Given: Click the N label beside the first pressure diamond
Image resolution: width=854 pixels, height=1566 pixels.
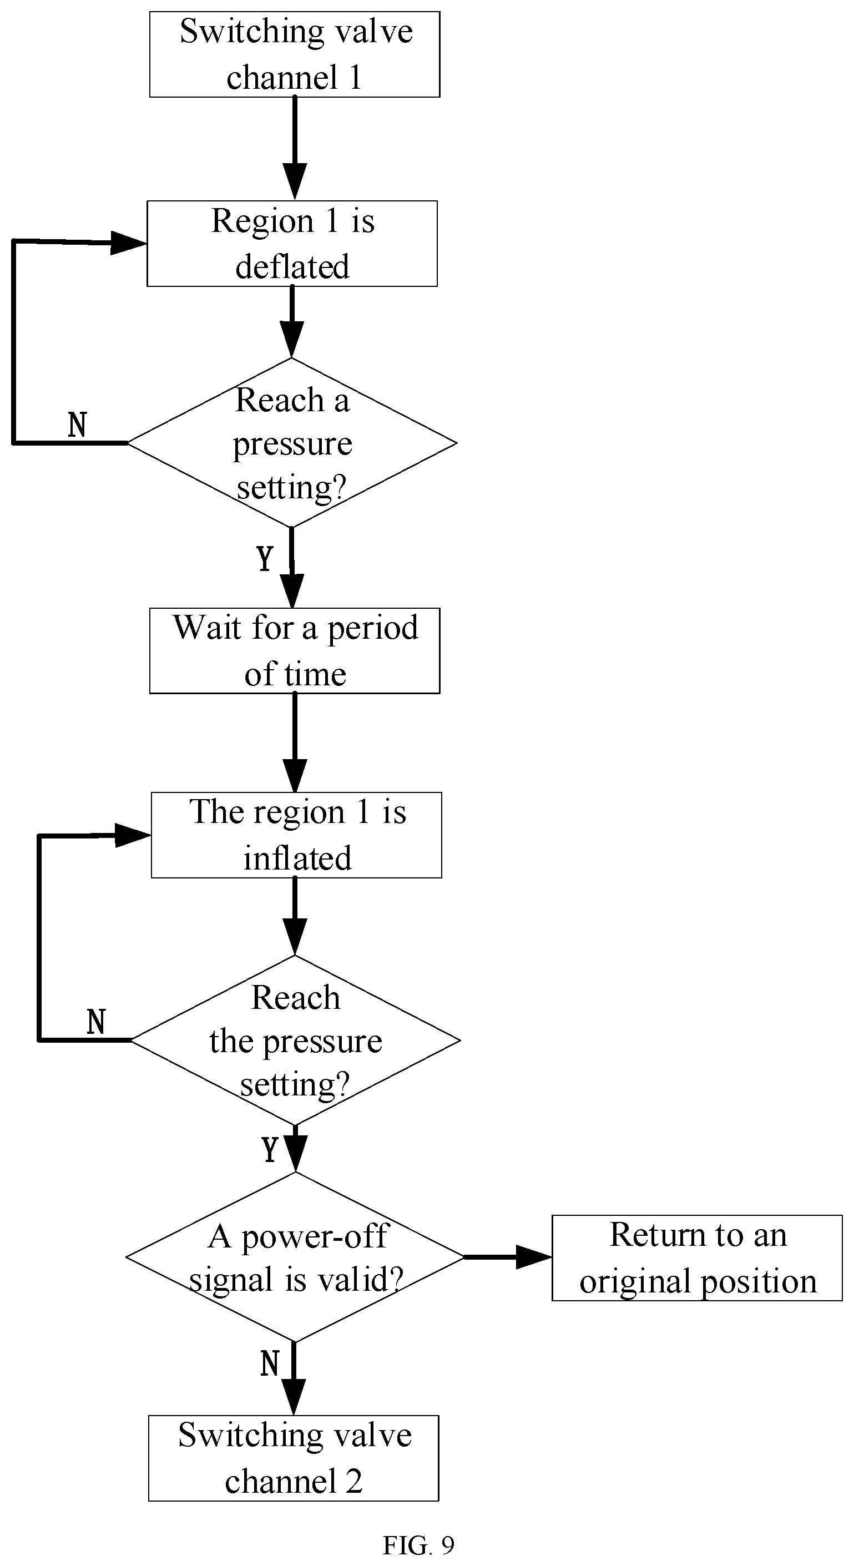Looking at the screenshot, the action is [x=77, y=425].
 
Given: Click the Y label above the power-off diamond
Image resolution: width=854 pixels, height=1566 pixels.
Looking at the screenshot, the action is [x=270, y=1149].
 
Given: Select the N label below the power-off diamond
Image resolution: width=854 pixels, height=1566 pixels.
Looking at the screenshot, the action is [x=270, y=1363].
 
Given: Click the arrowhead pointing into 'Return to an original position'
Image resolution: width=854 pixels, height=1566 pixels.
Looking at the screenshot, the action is [x=534, y=1256].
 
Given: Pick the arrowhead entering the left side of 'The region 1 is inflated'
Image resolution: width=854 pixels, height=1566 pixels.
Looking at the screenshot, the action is [x=133, y=835].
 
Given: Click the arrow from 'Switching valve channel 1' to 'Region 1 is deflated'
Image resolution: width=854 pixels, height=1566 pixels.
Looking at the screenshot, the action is [x=295, y=148].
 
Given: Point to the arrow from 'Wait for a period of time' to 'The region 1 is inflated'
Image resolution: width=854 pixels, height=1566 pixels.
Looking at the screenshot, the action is [x=295, y=743].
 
